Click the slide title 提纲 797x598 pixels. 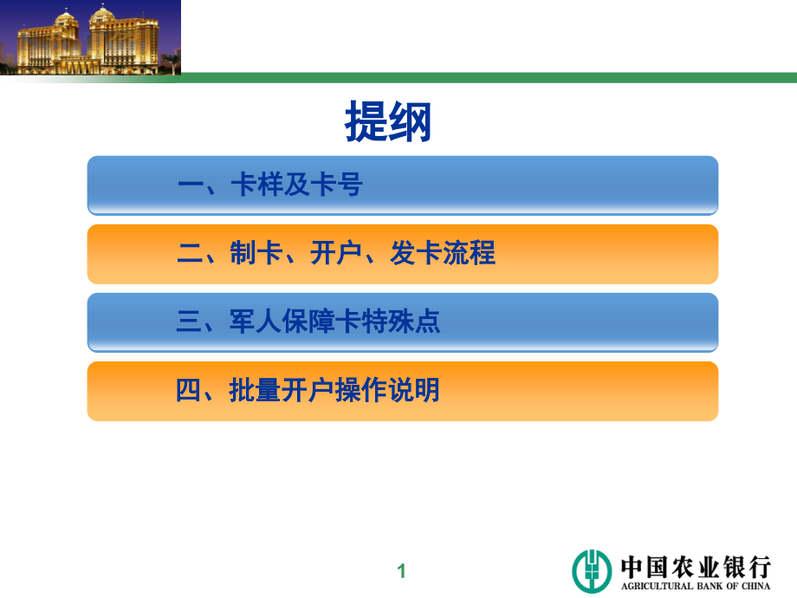(388, 121)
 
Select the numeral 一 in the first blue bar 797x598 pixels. (189, 185)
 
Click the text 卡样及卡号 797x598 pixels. (296, 185)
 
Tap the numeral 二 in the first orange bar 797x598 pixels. (189, 254)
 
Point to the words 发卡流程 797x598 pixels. (443, 254)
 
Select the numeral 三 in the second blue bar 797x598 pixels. (189, 322)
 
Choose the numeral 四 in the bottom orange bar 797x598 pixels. (189, 391)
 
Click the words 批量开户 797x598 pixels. (282, 391)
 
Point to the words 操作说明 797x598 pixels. (388, 391)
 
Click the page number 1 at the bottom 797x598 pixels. (401, 571)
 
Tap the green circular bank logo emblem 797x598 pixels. (592, 570)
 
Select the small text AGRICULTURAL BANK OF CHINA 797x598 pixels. (695, 587)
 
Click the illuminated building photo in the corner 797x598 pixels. (90, 37)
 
